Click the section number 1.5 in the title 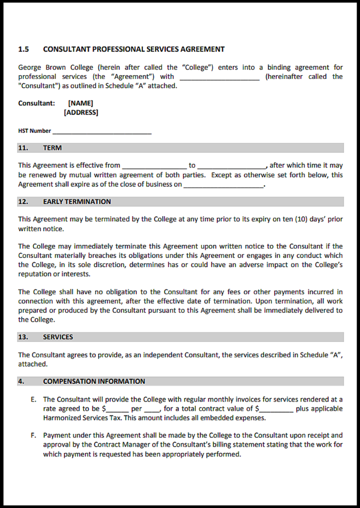tap(23, 49)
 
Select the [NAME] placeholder tap(80, 103)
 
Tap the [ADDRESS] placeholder tap(81, 113)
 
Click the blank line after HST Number tap(102, 131)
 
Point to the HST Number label tap(34, 131)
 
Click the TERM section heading tap(52, 148)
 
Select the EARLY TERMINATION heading tap(77, 201)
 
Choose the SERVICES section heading tap(58, 337)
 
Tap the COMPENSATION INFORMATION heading tap(94, 381)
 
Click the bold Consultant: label tap(37, 103)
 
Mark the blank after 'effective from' tap(154, 166)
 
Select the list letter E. tap(33, 399)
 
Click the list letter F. tap(33, 436)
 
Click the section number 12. tap(23, 201)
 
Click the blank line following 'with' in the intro tap(219, 77)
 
